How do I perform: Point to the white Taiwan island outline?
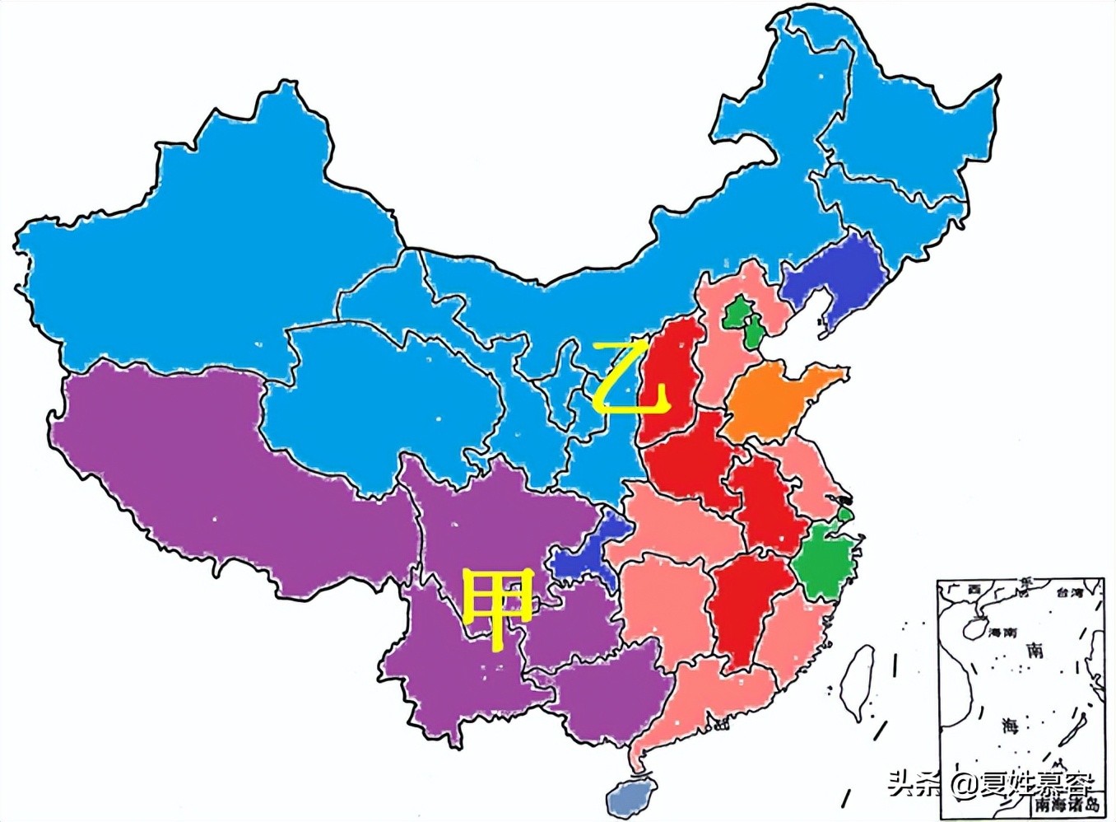pos(857,684)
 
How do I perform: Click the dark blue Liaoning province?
pos(831,276)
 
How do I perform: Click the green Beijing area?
pos(737,311)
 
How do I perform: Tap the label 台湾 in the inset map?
pos(1069,591)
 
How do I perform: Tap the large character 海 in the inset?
pos(1010,726)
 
